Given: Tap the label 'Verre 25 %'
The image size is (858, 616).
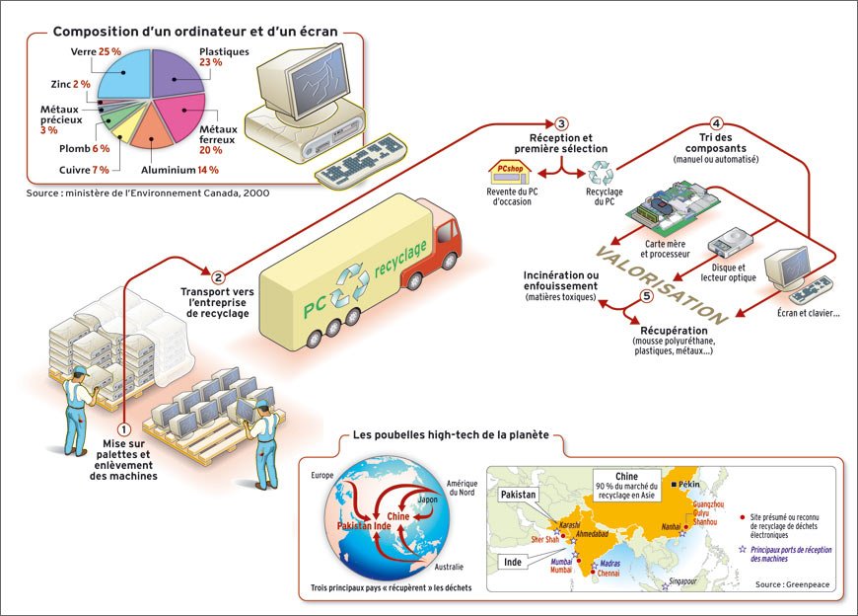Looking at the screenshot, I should coord(96,50).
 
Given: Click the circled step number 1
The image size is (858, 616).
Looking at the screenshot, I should coord(123,429).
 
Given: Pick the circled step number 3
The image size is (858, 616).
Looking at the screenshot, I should coord(561,123).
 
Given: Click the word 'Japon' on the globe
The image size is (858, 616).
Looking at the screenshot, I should coord(428,500).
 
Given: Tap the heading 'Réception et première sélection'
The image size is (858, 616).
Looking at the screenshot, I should coord(561,143).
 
